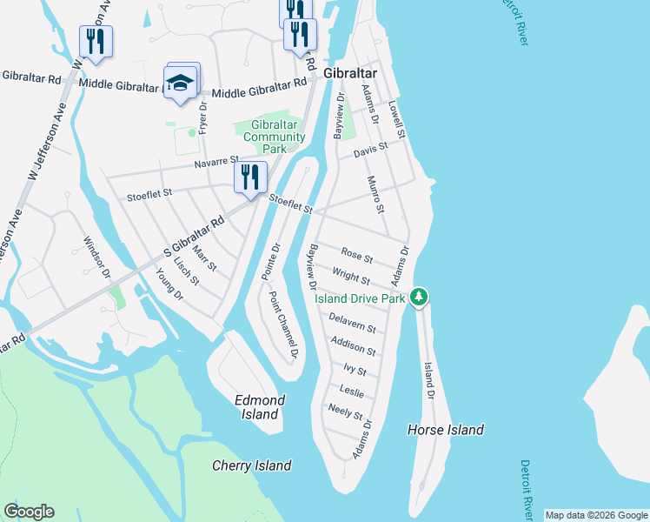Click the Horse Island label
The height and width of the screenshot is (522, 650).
point(446,430)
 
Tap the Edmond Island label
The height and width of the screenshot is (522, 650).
point(261,407)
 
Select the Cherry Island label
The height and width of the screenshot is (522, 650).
point(252,465)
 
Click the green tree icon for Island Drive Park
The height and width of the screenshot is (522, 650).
point(420,298)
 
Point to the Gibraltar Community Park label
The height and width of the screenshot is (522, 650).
point(274,137)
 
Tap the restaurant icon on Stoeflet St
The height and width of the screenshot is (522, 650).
point(250,177)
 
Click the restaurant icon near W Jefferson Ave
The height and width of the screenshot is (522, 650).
point(96,40)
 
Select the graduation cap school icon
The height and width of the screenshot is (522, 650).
point(180,84)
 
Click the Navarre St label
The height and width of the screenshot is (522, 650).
point(216,161)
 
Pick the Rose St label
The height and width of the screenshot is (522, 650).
point(356,258)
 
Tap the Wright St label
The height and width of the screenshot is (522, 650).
point(352,279)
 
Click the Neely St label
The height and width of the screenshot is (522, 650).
point(346,412)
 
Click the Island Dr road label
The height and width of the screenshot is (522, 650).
point(428,380)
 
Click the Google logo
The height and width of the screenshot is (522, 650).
point(29,512)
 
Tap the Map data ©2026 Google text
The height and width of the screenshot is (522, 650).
point(595,515)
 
